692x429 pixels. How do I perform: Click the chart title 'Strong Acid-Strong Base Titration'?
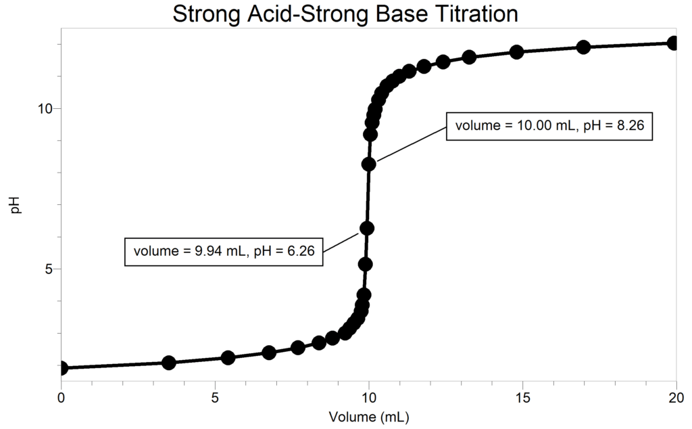click(x=345, y=13)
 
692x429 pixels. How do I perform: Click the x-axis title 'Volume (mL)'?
click(x=368, y=415)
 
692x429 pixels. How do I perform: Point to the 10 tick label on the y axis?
click(x=45, y=109)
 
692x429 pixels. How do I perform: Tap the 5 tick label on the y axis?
click(x=49, y=269)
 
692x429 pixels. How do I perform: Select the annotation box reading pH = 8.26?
click(x=549, y=125)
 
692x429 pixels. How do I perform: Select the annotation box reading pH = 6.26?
click(x=224, y=251)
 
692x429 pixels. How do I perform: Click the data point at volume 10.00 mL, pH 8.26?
click(x=368, y=164)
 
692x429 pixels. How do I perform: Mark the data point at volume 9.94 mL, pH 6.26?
click(x=367, y=228)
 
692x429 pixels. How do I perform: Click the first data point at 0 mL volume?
click(x=61, y=368)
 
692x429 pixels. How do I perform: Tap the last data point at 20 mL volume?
click(x=673, y=43)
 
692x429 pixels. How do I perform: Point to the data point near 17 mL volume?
click(x=583, y=47)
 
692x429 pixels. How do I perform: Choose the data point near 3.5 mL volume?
click(x=169, y=362)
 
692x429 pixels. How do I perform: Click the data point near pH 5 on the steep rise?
click(x=365, y=264)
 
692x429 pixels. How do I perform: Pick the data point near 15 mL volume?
click(x=517, y=52)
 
